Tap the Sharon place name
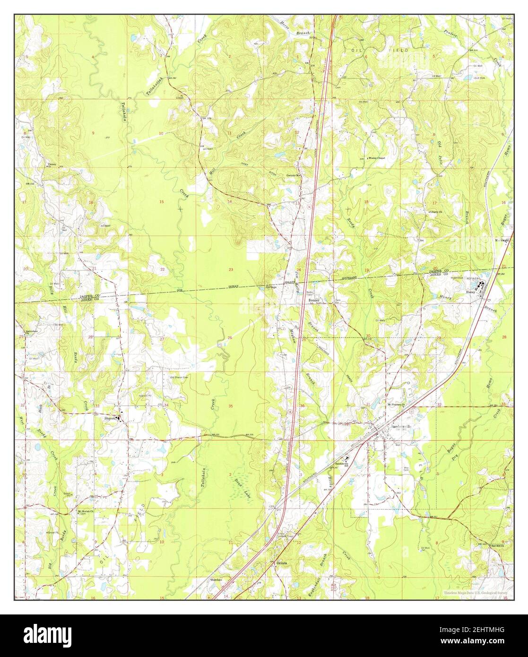click(x=110, y=418)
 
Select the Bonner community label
click(x=314, y=301)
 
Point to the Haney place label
click(x=470, y=292)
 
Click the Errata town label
click(x=282, y=563)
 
